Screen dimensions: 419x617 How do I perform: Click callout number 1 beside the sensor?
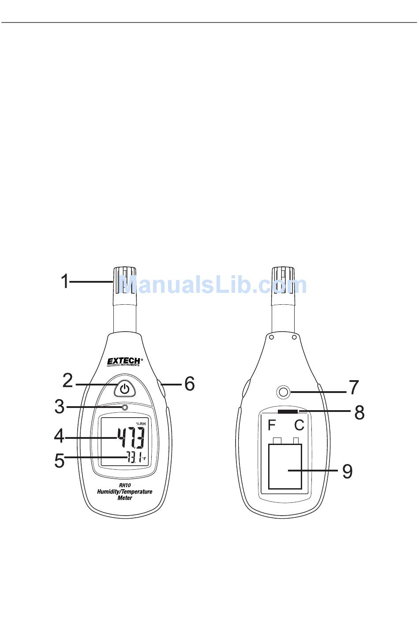(x=65, y=281)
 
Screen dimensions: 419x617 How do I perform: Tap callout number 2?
(x=67, y=381)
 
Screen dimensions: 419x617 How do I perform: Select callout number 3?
(x=59, y=407)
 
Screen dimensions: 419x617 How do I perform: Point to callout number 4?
(x=59, y=436)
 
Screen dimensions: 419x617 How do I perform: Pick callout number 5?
(x=60, y=460)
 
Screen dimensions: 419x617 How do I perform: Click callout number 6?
(x=190, y=383)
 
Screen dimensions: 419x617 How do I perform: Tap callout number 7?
(x=354, y=387)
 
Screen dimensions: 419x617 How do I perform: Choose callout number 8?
(x=359, y=412)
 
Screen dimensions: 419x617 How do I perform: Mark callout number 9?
(x=348, y=471)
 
